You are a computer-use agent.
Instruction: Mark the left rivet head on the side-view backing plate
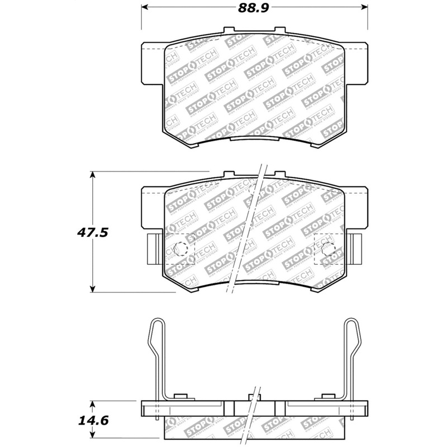179,397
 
